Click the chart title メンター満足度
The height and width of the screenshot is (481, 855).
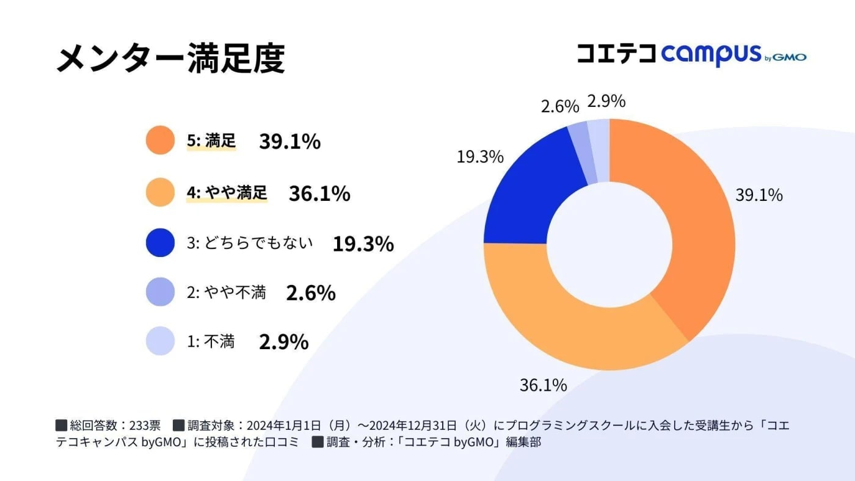[x=170, y=60]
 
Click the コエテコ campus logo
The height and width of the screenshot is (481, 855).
[x=691, y=54]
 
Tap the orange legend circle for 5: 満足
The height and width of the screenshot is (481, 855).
[x=161, y=140]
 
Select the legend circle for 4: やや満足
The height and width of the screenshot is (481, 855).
[x=161, y=192]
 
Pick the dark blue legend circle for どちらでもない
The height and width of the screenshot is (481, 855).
[x=161, y=242]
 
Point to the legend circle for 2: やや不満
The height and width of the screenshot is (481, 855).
[x=161, y=292]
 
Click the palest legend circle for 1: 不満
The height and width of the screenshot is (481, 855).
[x=161, y=341]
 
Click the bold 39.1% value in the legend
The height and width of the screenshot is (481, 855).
[x=289, y=141]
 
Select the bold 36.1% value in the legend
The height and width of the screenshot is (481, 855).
[x=319, y=193]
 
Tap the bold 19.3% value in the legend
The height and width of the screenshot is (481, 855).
[x=363, y=244]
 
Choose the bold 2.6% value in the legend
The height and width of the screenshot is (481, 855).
[x=311, y=293]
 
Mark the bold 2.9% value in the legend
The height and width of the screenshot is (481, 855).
[x=283, y=342]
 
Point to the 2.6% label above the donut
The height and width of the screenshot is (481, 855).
[x=559, y=106]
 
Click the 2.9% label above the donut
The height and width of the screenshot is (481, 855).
[x=606, y=101]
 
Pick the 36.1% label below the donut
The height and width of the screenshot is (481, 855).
[x=543, y=385]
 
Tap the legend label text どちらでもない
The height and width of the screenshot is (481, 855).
[x=256, y=243]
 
